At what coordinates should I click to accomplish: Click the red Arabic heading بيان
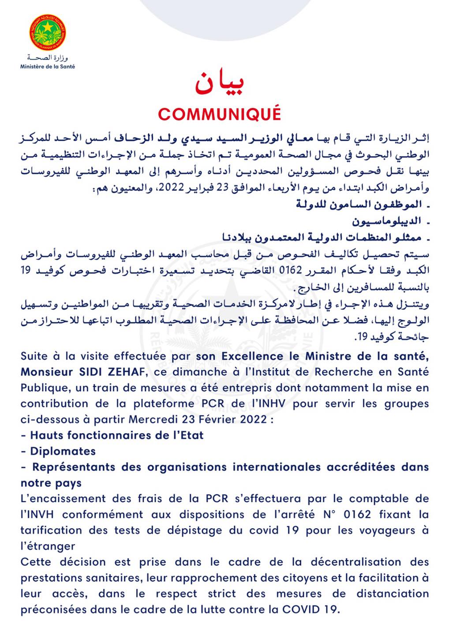click(x=219, y=84)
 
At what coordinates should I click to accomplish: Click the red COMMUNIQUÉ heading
click(x=219, y=114)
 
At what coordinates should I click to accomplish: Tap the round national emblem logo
click(x=48, y=33)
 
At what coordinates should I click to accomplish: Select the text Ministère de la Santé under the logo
click(x=48, y=67)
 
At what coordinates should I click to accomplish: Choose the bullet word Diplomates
click(x=63, y=451)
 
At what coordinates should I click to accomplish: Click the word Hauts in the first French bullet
click(x=45, y=435)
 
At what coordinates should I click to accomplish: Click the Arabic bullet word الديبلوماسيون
click(x=386, y=221)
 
